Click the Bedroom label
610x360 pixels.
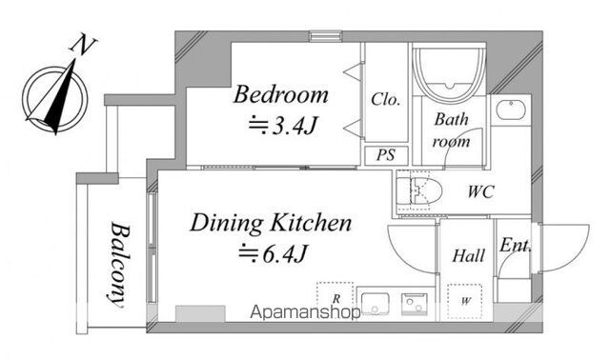click(280, 94)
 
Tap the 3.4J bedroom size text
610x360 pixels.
click(282, 126)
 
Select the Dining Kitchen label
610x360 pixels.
click(271, 223)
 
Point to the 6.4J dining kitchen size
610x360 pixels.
click(273, 254)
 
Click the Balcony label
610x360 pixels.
click(118, 265)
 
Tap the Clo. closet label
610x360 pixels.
click(385, 99)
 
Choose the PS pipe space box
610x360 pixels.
click(386, 154)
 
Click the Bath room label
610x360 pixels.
click(451, 130)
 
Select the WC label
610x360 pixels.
click(480, 191)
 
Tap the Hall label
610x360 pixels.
click(468, 256)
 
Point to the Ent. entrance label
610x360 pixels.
click(515, 246)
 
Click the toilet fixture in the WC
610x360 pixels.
click(419, 191)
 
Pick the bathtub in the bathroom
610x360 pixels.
click(449, 73)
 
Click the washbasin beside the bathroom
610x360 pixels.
click(511, 110)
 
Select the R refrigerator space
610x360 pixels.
click(335, 299)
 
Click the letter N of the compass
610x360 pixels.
click(83, 44)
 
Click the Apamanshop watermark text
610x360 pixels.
click(305, 311)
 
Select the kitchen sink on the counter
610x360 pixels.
click(375, 303)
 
